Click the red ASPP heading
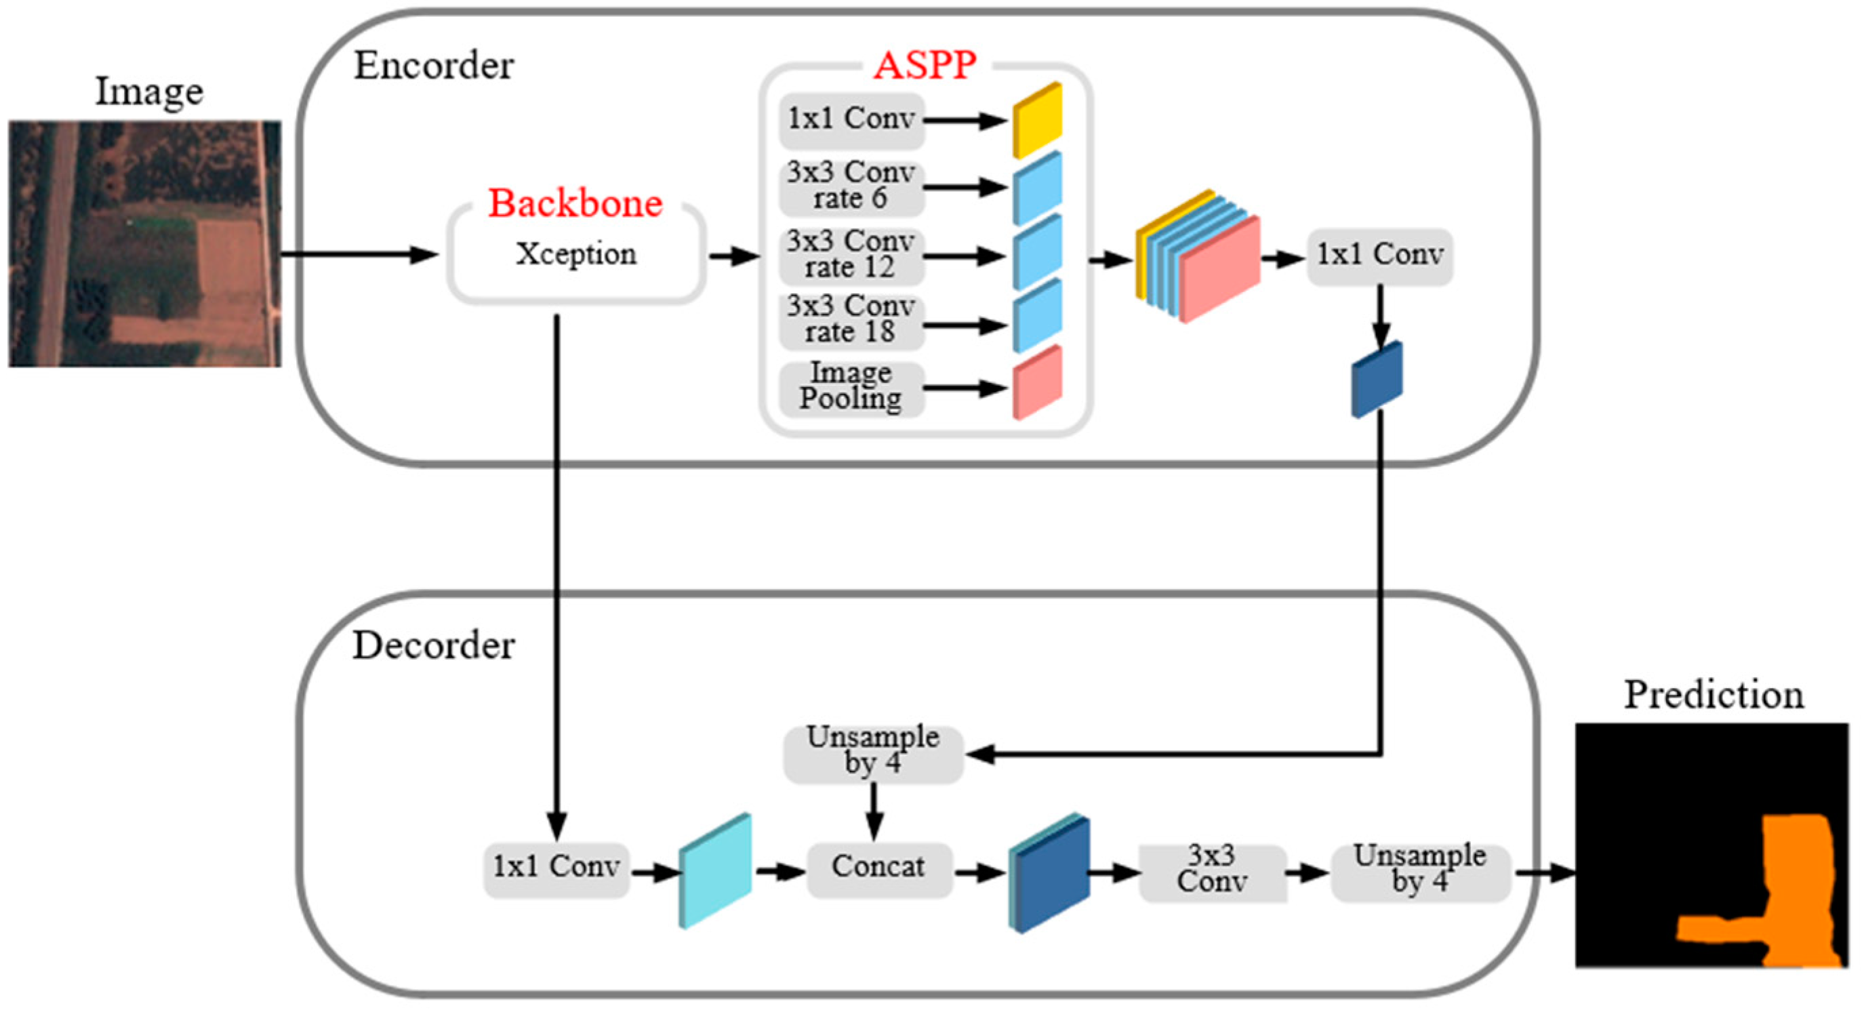point(924,65)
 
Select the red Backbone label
point(575,203)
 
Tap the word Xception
point(576,254)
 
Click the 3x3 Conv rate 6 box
point(851,186)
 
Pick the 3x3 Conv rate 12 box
point(851,255)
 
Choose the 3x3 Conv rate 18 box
point(851,319)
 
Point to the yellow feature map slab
point(1036,120)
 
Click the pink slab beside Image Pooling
point(1036,383)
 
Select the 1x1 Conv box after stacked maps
point(1379,256)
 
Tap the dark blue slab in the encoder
point(1377,380)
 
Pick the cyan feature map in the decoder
point(715,870)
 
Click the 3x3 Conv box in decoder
point(1212,870)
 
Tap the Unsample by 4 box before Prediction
point(1420,870)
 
